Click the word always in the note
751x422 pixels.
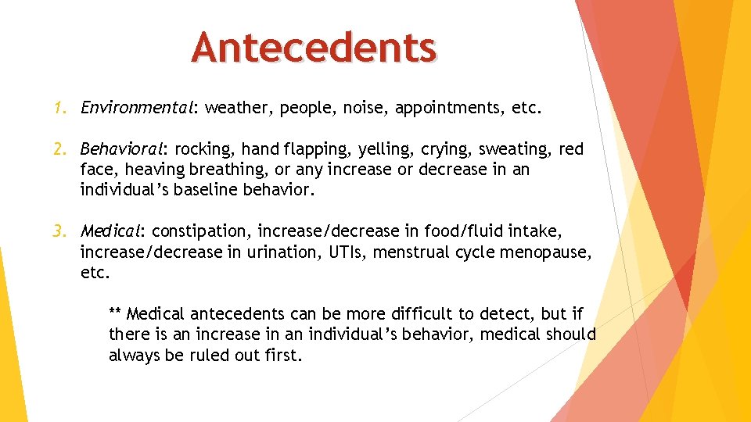click(x=134, y=356)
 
